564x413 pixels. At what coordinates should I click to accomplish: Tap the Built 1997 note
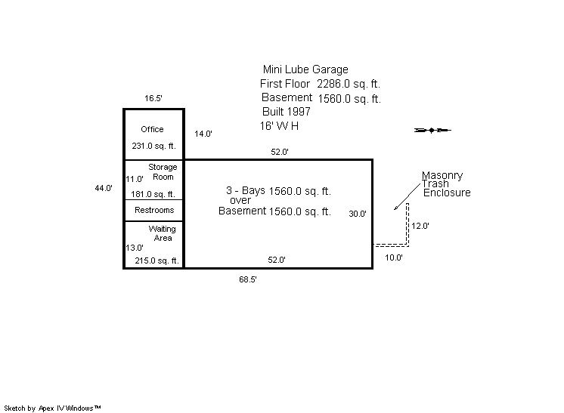pos(287,112)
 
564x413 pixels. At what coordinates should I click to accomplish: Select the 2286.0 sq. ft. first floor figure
pos(349,84)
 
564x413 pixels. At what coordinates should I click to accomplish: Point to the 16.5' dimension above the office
pos(153,98)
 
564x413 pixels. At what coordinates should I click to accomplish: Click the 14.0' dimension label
pos(203,134)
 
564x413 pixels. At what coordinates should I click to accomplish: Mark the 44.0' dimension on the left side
pos(104,188)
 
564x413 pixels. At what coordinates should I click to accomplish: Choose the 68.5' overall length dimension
pos(249,279)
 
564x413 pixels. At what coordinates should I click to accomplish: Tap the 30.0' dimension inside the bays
pos(358,214)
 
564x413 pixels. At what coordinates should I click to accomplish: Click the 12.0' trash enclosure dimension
pos(420,226)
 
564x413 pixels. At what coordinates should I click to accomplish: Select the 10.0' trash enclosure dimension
pos(394,257)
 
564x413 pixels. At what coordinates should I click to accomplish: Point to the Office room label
pos(152,129)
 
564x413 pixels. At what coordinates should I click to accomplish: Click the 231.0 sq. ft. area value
pos(153,146)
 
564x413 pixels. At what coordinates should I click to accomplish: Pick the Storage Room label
pos(162,172)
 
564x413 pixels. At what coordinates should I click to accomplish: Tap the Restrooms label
pos(154,210)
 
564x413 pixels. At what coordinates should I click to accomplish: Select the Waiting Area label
pos(162,233)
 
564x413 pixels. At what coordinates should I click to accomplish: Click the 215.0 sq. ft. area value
pos(156,260)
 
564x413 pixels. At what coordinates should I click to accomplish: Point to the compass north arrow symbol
pos(432,131)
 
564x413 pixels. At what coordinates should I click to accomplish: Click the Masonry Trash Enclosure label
pos(446,184)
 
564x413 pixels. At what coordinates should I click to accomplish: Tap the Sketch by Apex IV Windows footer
pos(53,408)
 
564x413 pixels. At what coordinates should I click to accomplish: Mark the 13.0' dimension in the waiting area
pos(135,248)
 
